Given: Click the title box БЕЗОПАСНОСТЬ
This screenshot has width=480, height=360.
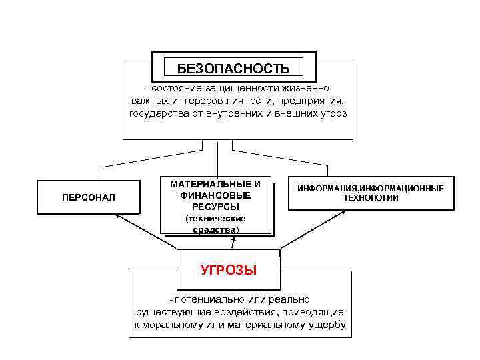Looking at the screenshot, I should point(233,68).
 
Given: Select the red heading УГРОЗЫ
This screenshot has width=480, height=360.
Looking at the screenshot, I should point(229,270).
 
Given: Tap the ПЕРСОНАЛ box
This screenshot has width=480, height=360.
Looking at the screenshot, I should point(88,198).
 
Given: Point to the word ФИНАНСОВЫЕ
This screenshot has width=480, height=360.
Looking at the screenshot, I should point(215,195).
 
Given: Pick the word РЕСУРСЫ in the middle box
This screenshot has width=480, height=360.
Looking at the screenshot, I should point(215,206).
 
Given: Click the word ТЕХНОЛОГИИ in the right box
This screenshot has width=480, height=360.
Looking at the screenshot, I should point(371,198).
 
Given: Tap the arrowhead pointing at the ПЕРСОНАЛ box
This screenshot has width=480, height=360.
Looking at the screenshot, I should point(118,216).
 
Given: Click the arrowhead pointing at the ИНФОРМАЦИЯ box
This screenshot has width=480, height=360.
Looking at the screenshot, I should point(344,212).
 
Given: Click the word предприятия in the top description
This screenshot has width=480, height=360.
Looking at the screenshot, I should point(312,101).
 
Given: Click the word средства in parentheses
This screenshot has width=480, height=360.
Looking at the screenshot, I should point(213,229).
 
